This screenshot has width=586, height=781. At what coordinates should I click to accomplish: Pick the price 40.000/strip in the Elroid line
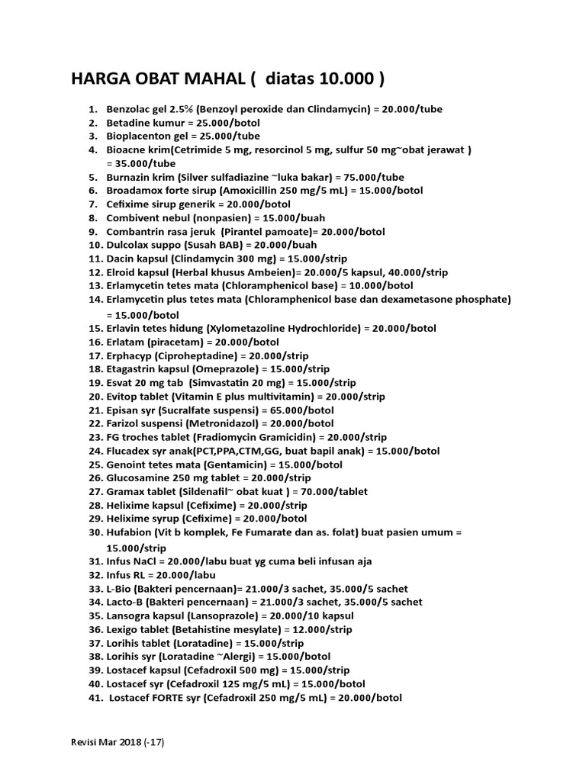pos(417,272)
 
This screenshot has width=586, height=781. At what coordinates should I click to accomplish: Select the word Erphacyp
pos(129,355)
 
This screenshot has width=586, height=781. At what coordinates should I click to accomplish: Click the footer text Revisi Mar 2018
pos(106,741)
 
